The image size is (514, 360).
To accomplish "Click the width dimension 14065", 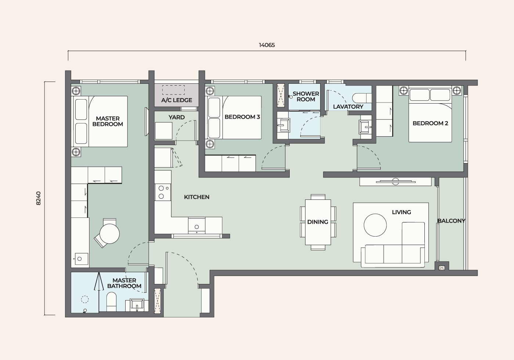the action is point(267,45).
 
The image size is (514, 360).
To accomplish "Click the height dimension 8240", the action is point(38,198).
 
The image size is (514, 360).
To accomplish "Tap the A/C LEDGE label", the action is point(177,100).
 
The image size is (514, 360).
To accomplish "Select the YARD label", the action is point(177,117).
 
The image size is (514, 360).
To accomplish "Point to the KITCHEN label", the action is point(197,197).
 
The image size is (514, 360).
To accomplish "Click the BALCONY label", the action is point(451,221).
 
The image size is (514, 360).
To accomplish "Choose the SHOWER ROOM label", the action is point(305,96).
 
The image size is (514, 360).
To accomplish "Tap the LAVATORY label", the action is point(348,107).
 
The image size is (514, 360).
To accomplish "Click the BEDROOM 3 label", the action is point(242,117).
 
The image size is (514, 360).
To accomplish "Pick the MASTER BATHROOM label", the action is point(124,283).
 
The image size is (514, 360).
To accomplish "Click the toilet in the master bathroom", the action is point(112,302).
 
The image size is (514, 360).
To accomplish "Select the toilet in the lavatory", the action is point(362,98).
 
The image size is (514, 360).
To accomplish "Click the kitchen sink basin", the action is point(197,226).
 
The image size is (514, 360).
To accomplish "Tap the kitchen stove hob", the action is point(163,192).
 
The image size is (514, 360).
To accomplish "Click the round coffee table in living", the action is point(375,225).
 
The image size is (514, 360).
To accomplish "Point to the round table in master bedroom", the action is point(110,234).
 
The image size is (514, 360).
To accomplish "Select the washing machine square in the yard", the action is point(164,131).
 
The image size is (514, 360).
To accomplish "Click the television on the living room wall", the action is point(395,181).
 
